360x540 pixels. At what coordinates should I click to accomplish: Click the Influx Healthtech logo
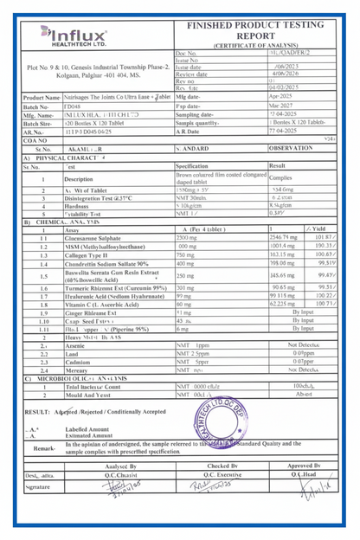tap(74, 35)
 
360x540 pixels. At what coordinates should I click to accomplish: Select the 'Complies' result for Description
tap(281, 177)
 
